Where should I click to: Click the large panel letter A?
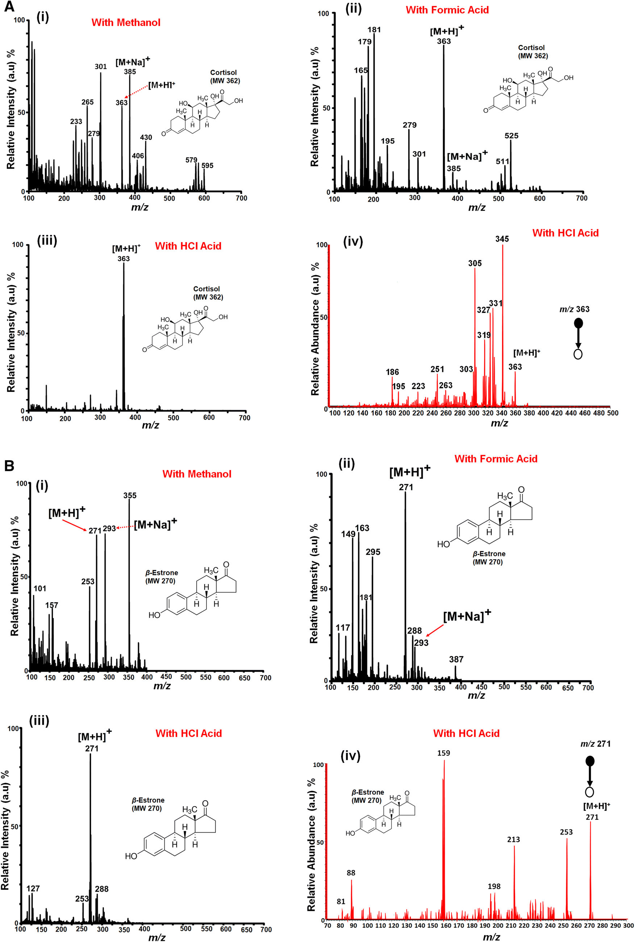pyautogui.click(x=9, y=7)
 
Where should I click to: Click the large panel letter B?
pyautogui.click(x=9, y=466)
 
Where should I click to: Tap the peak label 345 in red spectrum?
pyautogui.click(x=502, y=239)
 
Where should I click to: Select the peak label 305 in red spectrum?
pyautogui.click(x=475, y=263)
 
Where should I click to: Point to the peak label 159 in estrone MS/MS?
pyautogui.click(x=443, y=753)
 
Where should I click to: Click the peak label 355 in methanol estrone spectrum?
pyautogui.click(x=130, y=495)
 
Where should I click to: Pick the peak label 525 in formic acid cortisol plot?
pyautogui.click(x=511, y=136)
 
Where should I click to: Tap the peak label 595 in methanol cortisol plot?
pyautogui.click(x=207, y=165)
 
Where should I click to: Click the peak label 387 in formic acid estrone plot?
pyautogui.click(x=456, y=659)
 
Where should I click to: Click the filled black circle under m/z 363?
pyautogui.click(x=578, y=323)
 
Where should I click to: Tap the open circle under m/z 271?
pyautogui.click(x=590, y=792)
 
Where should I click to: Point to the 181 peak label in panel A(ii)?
pyautogui.click(x=374, y=30)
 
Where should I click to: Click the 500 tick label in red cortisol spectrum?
pyautogui.click(x=612, y=413)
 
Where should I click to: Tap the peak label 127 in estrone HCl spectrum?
pyautogui.click(x=33, y=888)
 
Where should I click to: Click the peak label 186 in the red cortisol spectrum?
pyautogui.click(x=392, y=372)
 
